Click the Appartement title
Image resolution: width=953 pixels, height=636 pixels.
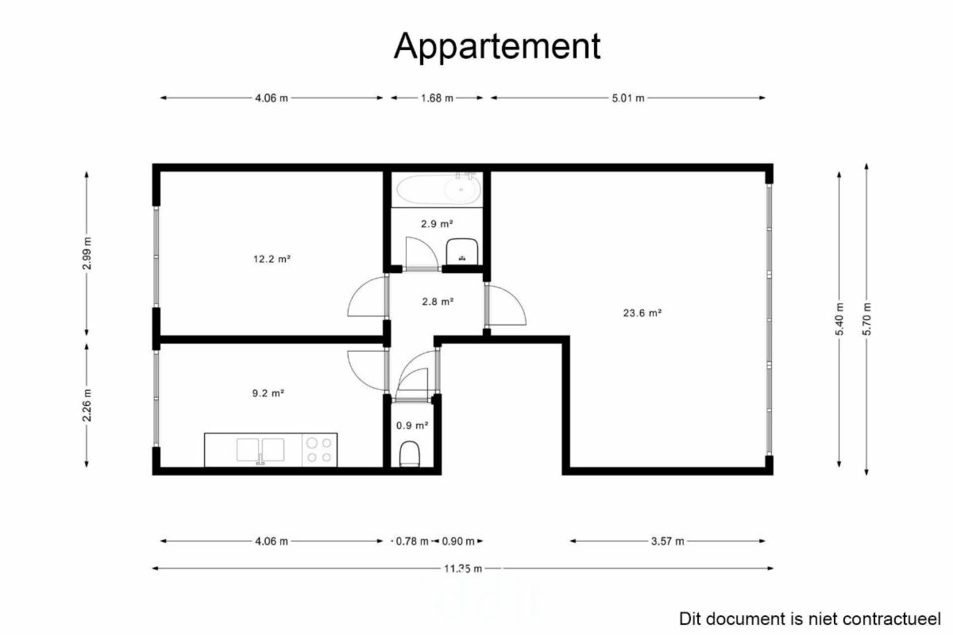coord(497,46)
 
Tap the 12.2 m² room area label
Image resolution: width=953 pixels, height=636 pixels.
coord(272,259)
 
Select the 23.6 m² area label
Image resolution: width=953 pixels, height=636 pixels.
coord(642,313)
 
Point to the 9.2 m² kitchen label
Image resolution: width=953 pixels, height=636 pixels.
coord(268,393)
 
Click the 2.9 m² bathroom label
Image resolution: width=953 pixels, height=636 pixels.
coord(437,224)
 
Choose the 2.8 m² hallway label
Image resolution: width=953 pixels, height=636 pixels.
coord(438,302)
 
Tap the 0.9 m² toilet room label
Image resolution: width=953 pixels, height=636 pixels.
coord(412,426)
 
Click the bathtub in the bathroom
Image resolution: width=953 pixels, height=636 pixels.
coord(438,189)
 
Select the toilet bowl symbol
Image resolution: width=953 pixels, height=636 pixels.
coord(410,454)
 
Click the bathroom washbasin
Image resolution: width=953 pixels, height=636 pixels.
coord(461,252)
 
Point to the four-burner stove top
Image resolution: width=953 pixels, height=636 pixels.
coord(319,449)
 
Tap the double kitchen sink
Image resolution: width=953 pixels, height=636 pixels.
coord(260,449)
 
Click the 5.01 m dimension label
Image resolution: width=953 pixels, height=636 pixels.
coord(628,98)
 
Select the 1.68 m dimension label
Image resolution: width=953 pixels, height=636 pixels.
coord(437,98)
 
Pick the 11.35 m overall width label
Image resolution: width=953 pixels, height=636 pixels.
coord(463,569)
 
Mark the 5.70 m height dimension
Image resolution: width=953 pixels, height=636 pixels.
coord(866,319)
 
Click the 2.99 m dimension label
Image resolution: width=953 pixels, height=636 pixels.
coord(87,253)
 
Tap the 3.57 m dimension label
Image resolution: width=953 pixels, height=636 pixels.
coord(668,542)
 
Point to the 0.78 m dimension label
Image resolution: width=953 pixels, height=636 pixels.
coord(412,542)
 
